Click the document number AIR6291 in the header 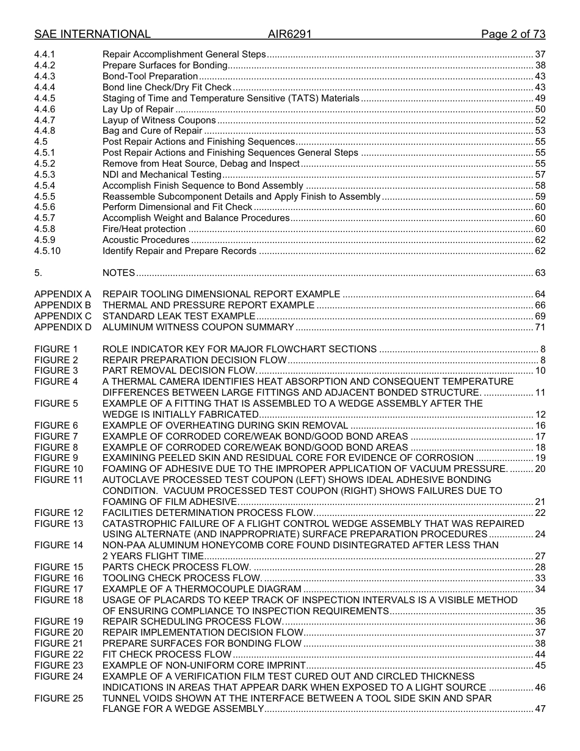click(289, 34)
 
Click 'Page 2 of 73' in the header click(513, 34)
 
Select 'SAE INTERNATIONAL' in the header click(92, 34)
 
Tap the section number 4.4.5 click(45, 98)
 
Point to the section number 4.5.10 click(47, 251)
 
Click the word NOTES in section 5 click(118, 273)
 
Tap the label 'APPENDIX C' click(63, 316)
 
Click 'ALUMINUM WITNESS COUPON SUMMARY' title click(198, 327)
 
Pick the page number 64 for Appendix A click(540, 294)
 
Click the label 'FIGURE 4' click(56, 382)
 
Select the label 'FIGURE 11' click(59, 480)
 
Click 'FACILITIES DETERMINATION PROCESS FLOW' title click(208, 513)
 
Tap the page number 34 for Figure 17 click(540, 589)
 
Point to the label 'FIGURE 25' click(59, 698)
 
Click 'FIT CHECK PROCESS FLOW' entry click(167, 655)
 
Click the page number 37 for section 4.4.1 click(540, 54)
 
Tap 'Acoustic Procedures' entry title click(146, 240)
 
